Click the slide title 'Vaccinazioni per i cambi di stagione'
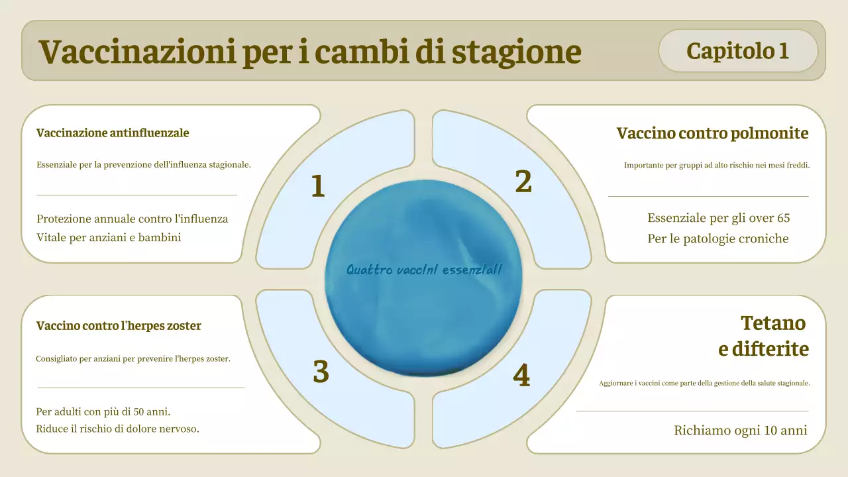click(309, 52)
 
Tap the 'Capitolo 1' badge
click(737, 51)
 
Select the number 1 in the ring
click(318, 187)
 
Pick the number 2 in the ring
click(523, 182)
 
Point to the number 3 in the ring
click(321, 372)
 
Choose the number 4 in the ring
click(521, 376)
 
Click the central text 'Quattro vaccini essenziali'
click(424, 270)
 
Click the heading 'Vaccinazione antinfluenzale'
click(113, 133)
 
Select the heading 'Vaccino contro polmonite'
click(712, 133)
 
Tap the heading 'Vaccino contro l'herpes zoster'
click(119, 326)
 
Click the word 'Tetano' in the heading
click(773, 323)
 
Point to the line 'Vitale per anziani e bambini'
click(109, 237)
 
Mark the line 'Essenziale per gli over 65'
click(718, 218)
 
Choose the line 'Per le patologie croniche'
click(717, 238)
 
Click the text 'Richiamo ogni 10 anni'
click(740, 431)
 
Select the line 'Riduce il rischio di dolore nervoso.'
click(117, 429)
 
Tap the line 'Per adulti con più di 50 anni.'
click(103, 411)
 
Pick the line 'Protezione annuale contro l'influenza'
click(132, 219)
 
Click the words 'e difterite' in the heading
click(763, 349)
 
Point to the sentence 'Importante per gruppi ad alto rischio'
click(716, 165)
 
